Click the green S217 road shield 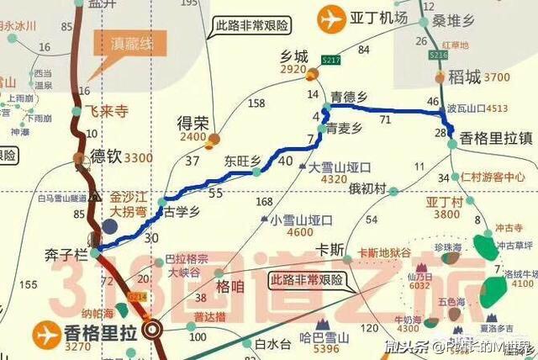(x=330, y=58)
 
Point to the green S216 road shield (x=437, y=55)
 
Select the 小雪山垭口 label (x=302, y=220)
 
